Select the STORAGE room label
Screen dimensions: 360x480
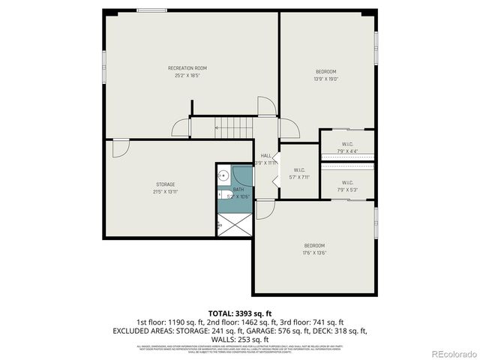pyautogui.click(x=166, y=184)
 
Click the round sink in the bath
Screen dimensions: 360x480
pyautogui.click(x=223, y=176)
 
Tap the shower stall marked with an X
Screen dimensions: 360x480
pyautogui.click(x=233, y=224)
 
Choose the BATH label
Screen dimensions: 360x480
pyautogui.click(x=238, y=190)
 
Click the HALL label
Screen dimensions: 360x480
pyautogui.click(x=265, y=155)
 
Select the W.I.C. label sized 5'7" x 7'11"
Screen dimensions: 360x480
pyautogui.click(x=299, y=169)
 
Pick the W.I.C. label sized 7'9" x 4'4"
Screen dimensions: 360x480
pyautogui.click(x=347, y=144)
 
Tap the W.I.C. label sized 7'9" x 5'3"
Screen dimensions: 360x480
pyautogui.click(x=347, y=182)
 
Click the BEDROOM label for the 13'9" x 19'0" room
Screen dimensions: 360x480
pyautogui.click(x=326, y=71)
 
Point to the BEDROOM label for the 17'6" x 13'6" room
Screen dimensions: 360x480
pyautogui.click(x=314, y=245)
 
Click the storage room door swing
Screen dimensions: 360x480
pyautogui.click(x=119, y=148)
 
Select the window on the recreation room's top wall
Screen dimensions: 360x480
pyautogui.click(x=152, y=10)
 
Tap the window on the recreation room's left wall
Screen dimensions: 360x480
pyautogui.click(x=105, y=61)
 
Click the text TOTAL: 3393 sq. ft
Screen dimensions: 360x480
pyautogui.click(x=239, y=313)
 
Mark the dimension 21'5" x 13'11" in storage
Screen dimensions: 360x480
pyautogui.click(x=166, y=192)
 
